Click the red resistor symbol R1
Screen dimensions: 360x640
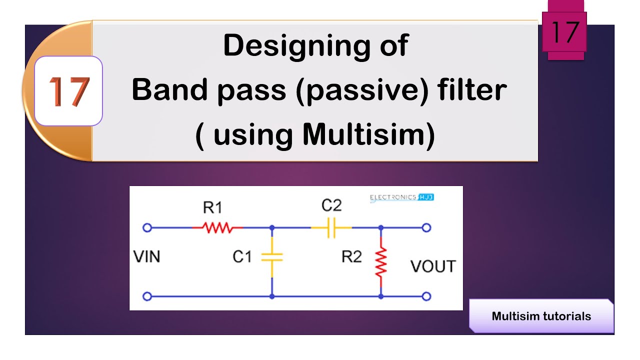(x=217, y=228)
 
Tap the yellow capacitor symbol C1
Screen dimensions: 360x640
(x=272, y=257)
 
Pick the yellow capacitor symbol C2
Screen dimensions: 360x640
(x=331, y=228)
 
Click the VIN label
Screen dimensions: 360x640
(x=147, y=257)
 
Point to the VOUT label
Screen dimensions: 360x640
(x=433, y=266)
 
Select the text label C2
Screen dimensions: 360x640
(x=331, y=205)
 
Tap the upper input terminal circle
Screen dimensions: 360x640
(x=147, y=228)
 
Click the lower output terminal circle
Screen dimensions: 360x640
(x=426, y=296)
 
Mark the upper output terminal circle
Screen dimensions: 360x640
(x=426, y=228)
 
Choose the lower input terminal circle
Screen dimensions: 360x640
(x=147, y=296)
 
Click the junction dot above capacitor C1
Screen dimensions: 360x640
(x=272, y=228)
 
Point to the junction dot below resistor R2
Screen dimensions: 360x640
(x=381, y=296)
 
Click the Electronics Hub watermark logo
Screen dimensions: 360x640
(x=401, y=197)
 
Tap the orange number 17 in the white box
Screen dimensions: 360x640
(x=69, y=92)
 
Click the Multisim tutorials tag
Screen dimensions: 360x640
(x=541, y=316)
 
